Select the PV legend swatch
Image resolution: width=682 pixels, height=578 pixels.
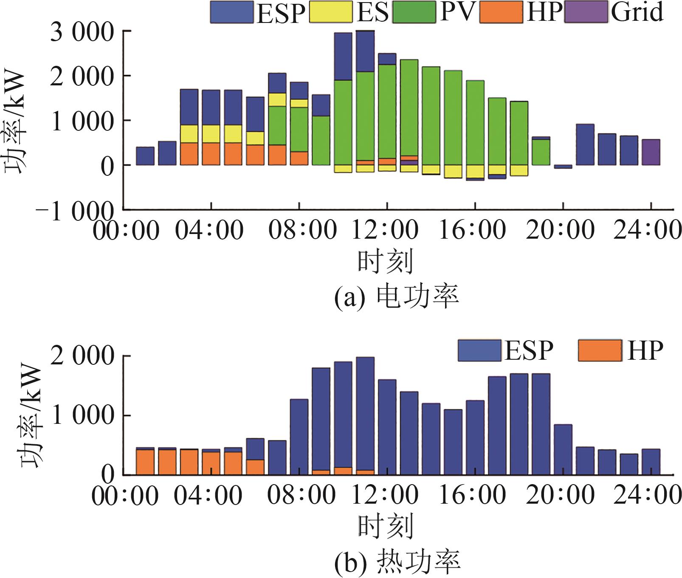[x=414, y=12]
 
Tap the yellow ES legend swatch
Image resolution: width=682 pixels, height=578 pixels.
[x=331, y=12]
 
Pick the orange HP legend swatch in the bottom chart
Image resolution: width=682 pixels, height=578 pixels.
[x=600, y=350]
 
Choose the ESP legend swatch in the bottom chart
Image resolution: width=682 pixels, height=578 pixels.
[x=479, y=350]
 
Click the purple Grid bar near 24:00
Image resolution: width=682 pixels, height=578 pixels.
[x=651, y=152]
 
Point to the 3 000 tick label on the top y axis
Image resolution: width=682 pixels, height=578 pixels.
[x=82, y=32]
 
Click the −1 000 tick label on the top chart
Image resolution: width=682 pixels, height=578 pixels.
[x=75, y=211]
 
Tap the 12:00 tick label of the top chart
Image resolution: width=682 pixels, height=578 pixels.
[x=386, y=230]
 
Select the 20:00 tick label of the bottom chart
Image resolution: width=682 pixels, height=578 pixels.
[x=560, y=495]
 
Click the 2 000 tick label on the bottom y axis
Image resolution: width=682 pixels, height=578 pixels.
[x=82, y=356]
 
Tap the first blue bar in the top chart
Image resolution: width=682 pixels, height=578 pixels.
[x=145, y=156]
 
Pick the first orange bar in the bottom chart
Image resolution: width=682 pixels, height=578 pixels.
[x=145, y=462]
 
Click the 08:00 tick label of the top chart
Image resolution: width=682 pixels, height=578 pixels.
[x=302, y=230]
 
